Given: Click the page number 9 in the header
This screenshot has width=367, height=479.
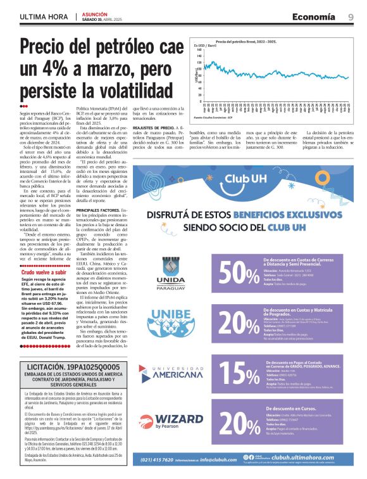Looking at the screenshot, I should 351,16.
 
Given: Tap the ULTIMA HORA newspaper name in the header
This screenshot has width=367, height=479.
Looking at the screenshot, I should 43,16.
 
